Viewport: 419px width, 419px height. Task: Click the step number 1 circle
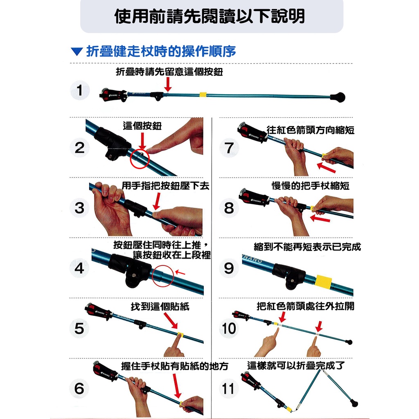pyautogui.click(x=80, y=90)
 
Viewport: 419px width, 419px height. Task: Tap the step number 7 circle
pyautogui.click(x=229, y=148)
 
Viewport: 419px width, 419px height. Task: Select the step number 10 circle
pyautogui.click(x=229, y=328)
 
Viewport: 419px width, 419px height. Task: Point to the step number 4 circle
pyautogui.click(x=80, y=268)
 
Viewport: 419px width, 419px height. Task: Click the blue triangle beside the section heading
pyautogui.click(x=77, y=52)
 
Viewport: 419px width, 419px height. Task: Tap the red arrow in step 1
pyautogui.click(x=168, y=84)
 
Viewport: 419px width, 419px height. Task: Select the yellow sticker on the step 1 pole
pyautogui.click(x=203, y=95)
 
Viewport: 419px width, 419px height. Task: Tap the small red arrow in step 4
pyautogui.click(x=180, y=273)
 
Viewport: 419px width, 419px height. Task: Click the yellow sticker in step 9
pyautogui.click(x=323, y=282)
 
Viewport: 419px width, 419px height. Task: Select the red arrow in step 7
pyautogui.click(x=326, y=167)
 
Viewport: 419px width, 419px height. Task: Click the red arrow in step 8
pyautogui.click(x=320, y=219)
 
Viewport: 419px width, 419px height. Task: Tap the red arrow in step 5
pyautogui.click(x=171, y=320)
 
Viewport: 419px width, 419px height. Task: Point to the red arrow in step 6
pyautogui.click(x=177, y=386)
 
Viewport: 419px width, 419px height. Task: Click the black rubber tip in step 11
pyautogui.click(x=354, y=403)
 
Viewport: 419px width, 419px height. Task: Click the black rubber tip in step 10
pyautogui.click(x=349, y=342)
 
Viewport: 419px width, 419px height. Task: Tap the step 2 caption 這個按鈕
pyautogui.click(x=142, y=126)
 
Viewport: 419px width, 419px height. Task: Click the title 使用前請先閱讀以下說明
pyautogui.click(x=209, y=16)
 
